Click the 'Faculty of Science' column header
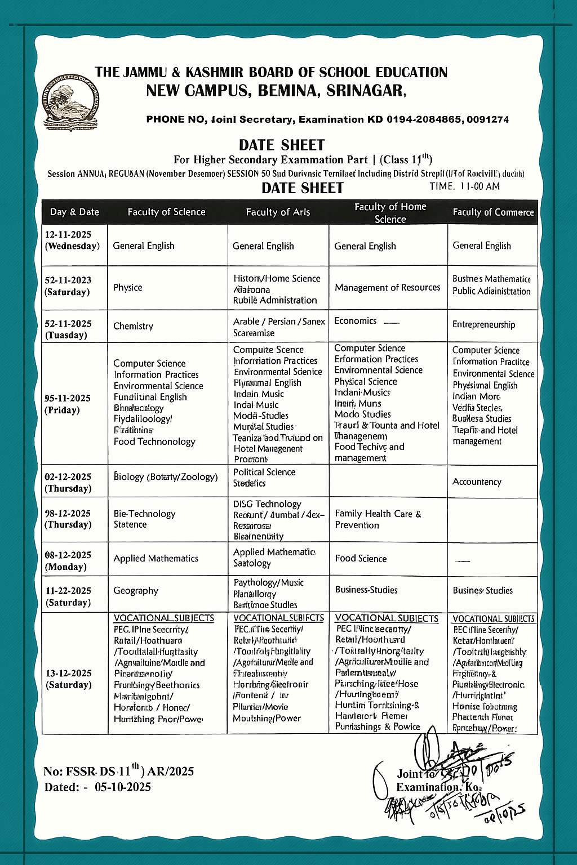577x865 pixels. tap(166, 212)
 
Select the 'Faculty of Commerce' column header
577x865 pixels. tap(493, 212)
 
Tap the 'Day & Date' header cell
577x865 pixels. tap(74, 212)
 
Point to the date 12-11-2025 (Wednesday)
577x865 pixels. tap(73, 240)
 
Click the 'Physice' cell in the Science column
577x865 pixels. tap(128, 288)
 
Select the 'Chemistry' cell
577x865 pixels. tap(133, 326)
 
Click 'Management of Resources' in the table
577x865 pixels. tap(387, 288)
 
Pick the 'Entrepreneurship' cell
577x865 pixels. tap(483, 325)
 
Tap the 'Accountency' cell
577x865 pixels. tap(477, 482)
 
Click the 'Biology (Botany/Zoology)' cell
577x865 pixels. tap(165, 477)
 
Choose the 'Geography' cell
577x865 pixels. tap(136, 591)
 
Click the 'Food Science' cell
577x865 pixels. tap(361, 559)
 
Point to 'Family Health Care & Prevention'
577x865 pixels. tap(378, 519)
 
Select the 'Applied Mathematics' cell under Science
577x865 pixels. tap(156, 559)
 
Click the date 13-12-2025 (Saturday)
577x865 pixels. tap(68, 679)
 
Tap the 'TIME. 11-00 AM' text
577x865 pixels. tap(464, 186)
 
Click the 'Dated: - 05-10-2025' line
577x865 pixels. tap(97, 787)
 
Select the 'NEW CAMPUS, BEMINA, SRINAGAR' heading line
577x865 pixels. tap(276, 91)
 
